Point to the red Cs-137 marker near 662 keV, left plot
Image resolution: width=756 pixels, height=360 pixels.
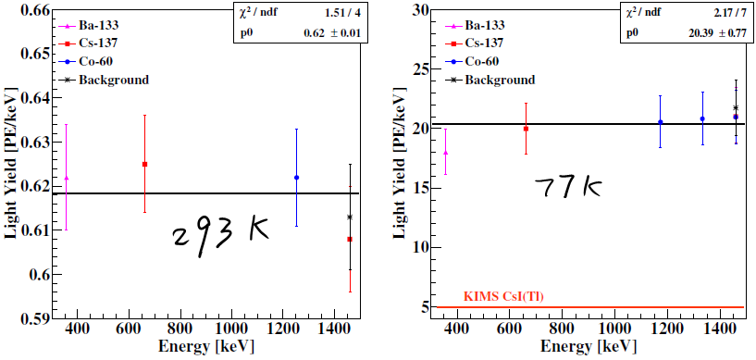click(144, 164)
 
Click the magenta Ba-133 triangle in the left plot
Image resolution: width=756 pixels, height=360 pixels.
click(66, 178)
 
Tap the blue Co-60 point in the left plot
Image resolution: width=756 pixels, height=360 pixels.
click(296, 178)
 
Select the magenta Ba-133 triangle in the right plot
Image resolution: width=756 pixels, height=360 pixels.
click(446, 153)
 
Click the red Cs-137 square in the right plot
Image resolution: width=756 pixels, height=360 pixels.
click(526, 129)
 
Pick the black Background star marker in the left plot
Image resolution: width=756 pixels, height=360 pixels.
click(350, 217)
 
